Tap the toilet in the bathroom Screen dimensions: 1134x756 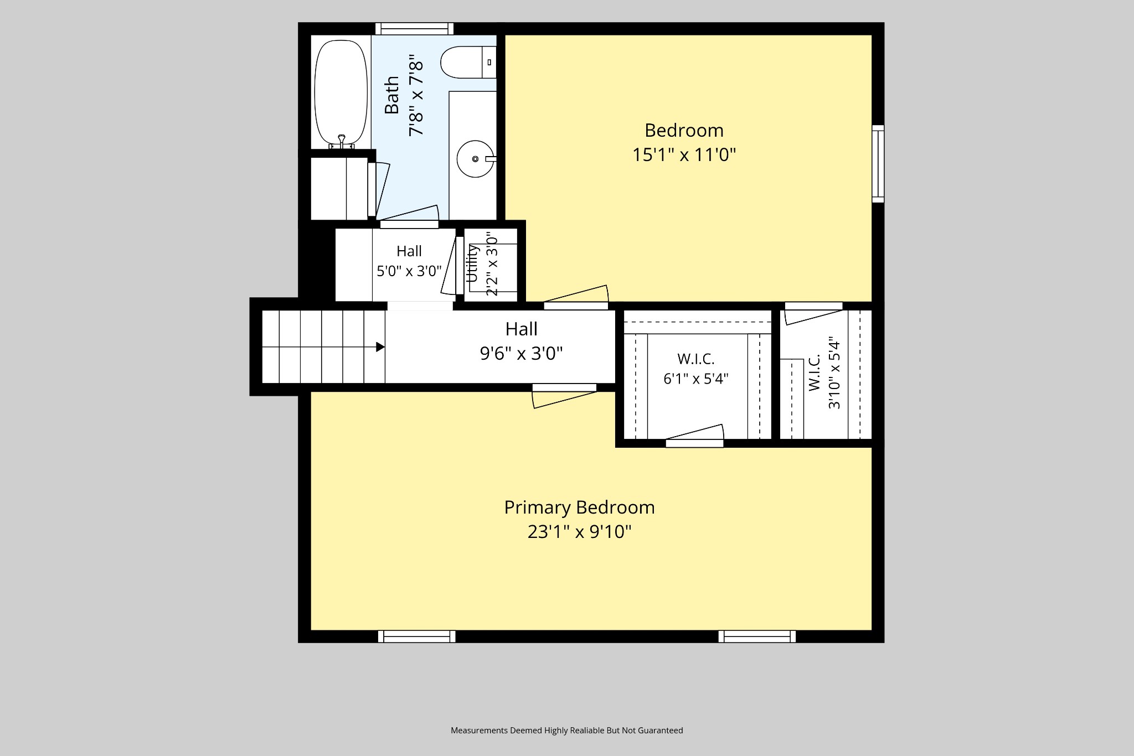[x=468, y=63]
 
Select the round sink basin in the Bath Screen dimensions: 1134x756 [x=475, y=159]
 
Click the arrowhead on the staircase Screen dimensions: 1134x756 [x=380, y=347]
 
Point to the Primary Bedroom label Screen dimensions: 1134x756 [x=579, y=508]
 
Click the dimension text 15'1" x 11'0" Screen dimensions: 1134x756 [x=684, y=155]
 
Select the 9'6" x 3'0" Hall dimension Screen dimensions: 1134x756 [x=521, y=354]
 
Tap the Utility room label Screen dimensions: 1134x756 [x=472, y=263]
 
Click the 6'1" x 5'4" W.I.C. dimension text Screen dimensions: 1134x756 [x=696, y=379]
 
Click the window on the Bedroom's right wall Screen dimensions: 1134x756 [x=878, y=164]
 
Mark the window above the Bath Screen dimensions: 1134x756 [x=414, y=29]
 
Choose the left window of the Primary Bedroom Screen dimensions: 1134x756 [x=417, y=636]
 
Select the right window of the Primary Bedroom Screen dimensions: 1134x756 [x=757, y=636]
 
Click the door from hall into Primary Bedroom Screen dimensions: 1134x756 [x=564, y=396]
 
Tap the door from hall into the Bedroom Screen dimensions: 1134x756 [x=576, y=297]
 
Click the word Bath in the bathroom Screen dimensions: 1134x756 [x=391, y=95]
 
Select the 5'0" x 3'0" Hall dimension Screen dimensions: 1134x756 [x=409, y=271]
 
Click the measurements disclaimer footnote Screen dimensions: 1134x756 [x=567, y=731]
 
